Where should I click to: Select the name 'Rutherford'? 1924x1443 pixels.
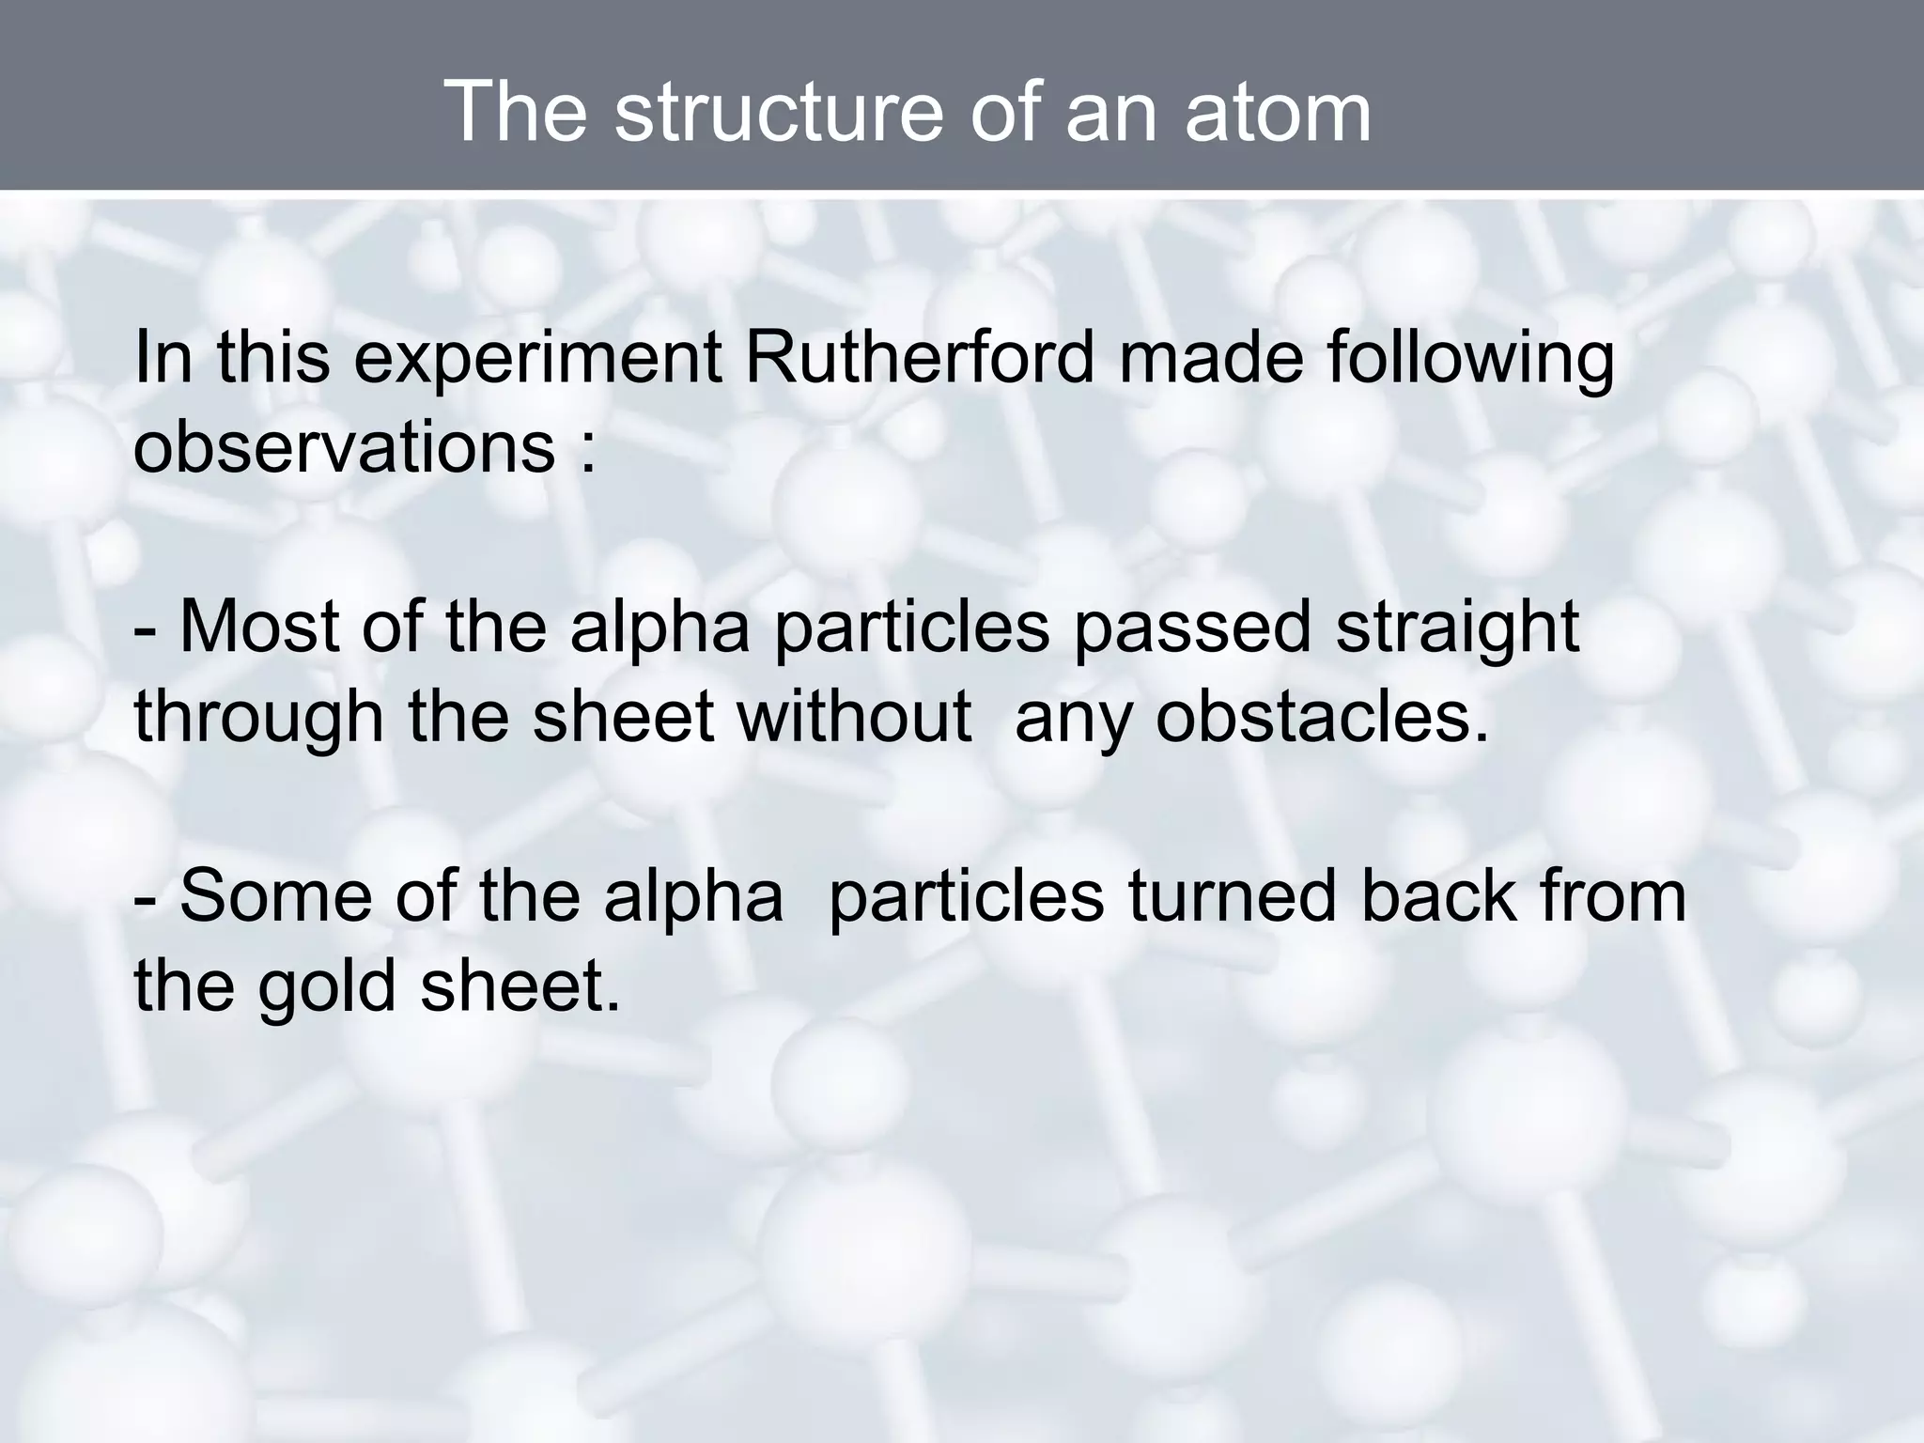point(920,359)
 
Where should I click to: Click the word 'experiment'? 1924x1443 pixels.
point(536,361)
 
